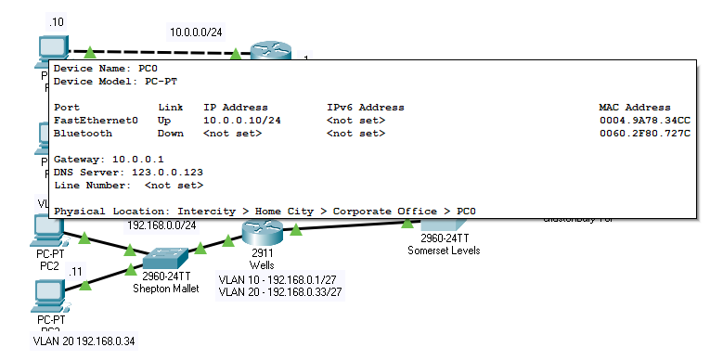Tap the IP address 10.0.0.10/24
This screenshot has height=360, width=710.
click(x=242, y=121)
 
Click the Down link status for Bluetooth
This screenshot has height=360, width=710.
click(x=172, y=134)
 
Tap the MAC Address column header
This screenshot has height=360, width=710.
click(x=635, y=108)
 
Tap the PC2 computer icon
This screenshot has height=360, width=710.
click(x=47, y=230)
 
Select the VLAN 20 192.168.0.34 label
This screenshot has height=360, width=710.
click(x=84, y=341)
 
